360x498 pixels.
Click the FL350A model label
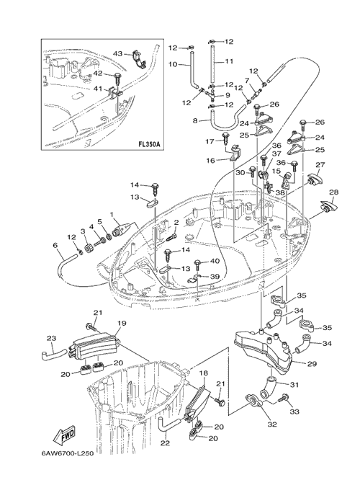pos(149,144)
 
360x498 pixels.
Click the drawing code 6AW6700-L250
pos(67,453)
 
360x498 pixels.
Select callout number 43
pos(117,53)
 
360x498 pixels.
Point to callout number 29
pos(312,364)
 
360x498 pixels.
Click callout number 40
pos(215,261)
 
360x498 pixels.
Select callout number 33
pos(294,412)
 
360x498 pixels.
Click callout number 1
pos(112,215)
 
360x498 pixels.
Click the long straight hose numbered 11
pos(212,65)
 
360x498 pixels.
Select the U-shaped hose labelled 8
pos(228,119)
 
